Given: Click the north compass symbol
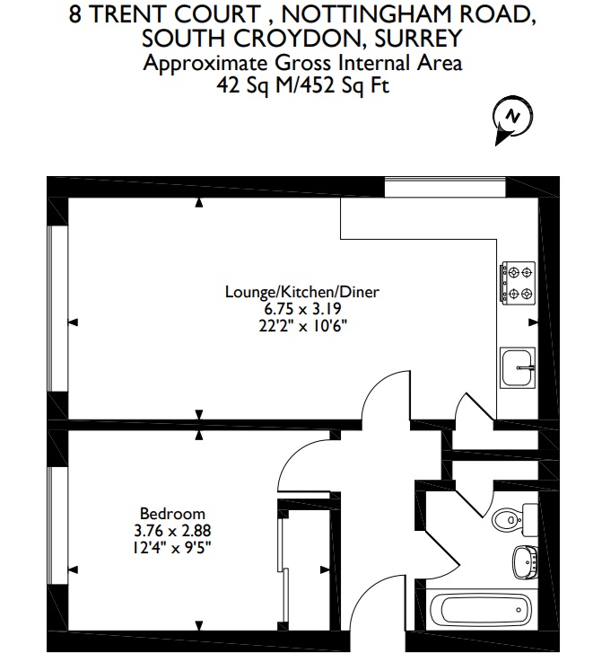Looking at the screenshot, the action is pos(513,119).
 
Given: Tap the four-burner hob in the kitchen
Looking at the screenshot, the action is pos(519,283).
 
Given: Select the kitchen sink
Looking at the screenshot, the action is pos(518,367).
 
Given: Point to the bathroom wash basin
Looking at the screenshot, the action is pos(526,562).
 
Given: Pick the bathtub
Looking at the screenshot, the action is pos(481,610).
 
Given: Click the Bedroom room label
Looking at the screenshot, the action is pos(172,514).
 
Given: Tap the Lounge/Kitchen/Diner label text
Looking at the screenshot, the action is pos(301,292).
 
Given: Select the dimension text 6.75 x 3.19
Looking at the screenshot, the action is pos(302,308).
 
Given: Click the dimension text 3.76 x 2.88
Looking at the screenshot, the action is pos(172,531).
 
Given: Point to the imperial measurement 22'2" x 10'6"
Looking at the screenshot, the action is pos(302,326).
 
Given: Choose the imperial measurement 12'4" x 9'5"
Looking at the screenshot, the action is pos(172,547).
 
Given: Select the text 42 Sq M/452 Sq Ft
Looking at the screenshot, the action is pos(302,85).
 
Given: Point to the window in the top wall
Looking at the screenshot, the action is pos(445,187).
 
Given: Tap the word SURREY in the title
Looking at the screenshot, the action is pos(418,38).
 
